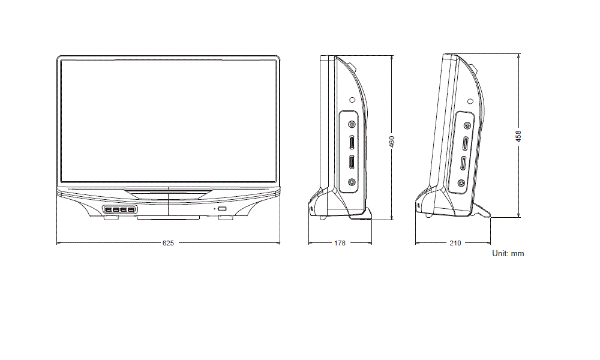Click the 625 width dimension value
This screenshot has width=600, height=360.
168,243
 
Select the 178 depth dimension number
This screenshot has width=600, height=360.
340,243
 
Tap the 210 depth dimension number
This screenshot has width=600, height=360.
455,243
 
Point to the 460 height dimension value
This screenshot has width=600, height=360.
391,142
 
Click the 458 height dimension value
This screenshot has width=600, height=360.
518,136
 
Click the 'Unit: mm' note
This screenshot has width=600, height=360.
508,254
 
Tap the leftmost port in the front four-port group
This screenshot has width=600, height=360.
108,209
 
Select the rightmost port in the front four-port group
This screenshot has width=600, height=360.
131,209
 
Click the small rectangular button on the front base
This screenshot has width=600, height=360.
221,209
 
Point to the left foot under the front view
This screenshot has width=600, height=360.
110,218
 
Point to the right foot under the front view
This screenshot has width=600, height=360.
226,218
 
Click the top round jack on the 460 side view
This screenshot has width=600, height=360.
352,124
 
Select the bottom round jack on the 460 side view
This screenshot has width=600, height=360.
352,182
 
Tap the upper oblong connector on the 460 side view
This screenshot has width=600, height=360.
351,142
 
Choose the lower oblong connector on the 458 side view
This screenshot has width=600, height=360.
463,164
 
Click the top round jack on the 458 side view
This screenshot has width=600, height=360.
466,125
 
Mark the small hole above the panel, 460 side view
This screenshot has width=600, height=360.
352,100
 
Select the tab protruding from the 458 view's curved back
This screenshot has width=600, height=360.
473,69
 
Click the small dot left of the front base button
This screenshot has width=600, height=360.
214,209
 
